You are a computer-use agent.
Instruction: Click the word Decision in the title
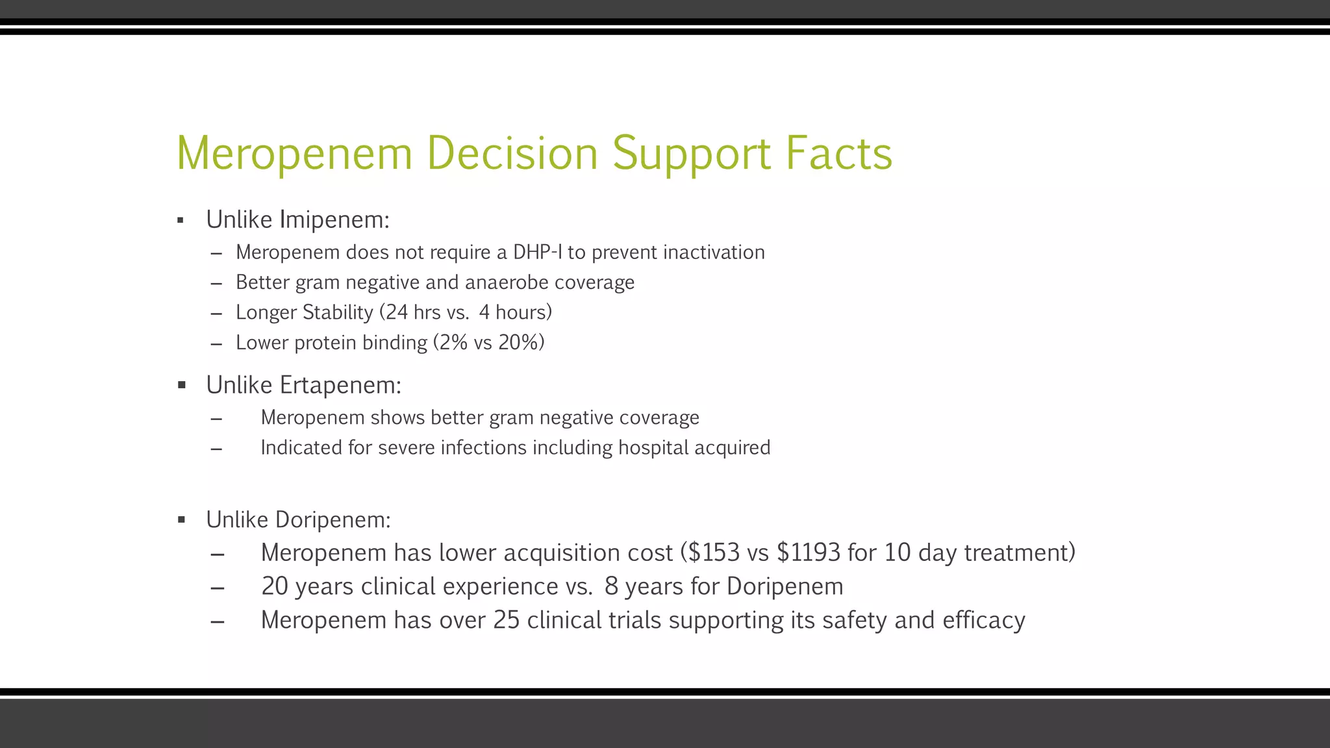point(512,153)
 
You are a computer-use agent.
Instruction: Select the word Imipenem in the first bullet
point(334,220)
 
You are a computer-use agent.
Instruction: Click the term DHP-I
point(538,252)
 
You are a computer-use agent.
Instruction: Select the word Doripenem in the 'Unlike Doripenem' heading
point(332,519)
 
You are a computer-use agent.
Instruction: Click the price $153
point(714,553)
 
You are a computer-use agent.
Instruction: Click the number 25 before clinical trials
point(507,620)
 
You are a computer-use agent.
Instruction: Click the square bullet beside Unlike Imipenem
point(181,221)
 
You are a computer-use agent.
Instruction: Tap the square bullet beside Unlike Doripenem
point(181,519)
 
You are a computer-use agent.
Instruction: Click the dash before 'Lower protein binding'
point(217,343)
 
